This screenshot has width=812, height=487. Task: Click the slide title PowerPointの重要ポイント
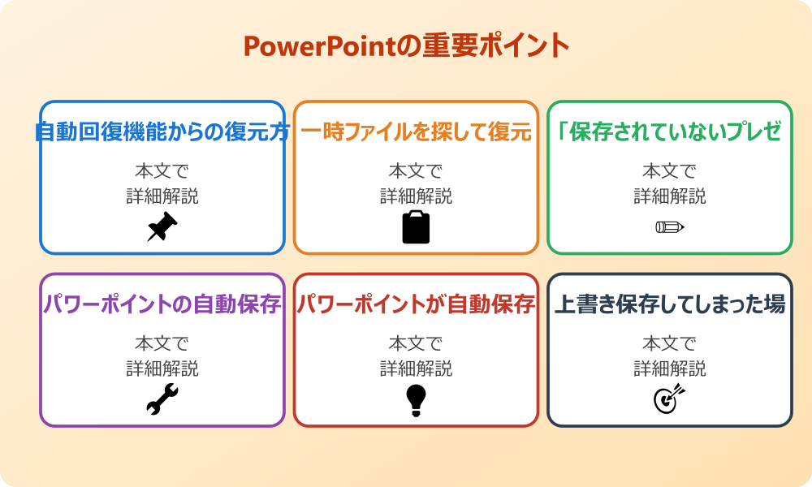[x=406, y=45]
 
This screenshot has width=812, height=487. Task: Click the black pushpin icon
[x=162, y=227]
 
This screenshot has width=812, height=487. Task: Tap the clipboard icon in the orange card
[x=416, y=227]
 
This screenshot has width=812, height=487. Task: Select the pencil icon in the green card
[x=669, y=227]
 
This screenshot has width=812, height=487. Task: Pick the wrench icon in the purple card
[x=162, y=400]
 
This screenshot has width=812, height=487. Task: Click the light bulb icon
[x=416, y=400]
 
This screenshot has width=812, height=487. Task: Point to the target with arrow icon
[x=669, y=399]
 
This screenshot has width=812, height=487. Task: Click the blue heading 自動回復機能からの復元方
[x=162, y=132]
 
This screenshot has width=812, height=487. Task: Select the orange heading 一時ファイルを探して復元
[x=416, y=132]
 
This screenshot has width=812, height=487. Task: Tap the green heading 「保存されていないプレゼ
[x=669, y=132]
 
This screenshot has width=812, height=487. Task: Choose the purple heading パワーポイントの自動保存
[x=162, y=305]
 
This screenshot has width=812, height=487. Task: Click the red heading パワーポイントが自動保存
[x=416, y=305]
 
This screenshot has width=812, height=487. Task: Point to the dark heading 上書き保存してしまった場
[x=669, y=305]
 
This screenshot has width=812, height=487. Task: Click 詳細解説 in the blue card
[x=162, y=196]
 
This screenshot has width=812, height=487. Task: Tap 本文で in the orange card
[x=416, y=171]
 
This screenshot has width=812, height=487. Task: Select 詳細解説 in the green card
[x=669, y=196]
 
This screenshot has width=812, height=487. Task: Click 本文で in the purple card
[x=162, y=344]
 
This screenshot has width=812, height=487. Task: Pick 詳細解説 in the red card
[x=416, y=369]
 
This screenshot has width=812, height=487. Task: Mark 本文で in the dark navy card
[x=669, y=344]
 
